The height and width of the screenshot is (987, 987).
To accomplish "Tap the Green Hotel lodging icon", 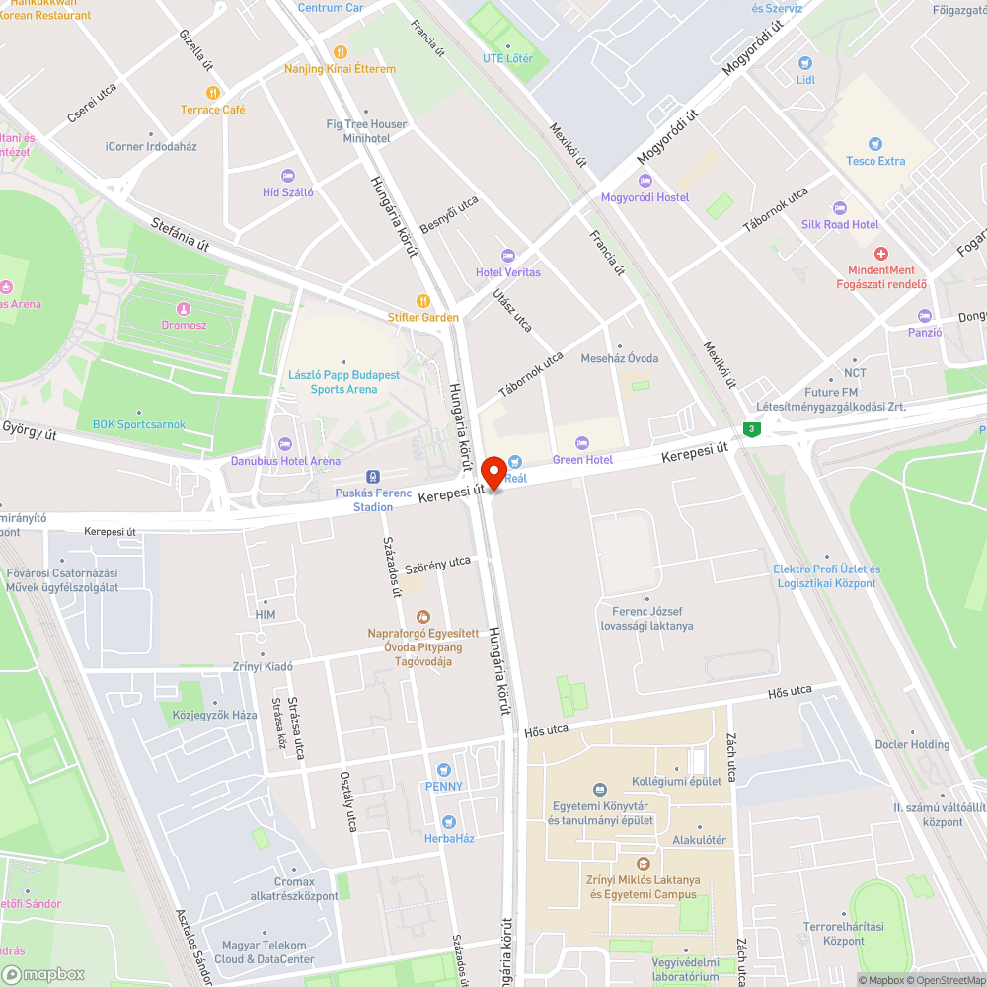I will tap(581, 442).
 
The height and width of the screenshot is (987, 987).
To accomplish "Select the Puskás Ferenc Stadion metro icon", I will tap(372, 477).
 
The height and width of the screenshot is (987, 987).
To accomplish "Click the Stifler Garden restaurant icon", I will tap(423, 300).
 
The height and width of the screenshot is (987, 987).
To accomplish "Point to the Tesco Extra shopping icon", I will tap(874, 144).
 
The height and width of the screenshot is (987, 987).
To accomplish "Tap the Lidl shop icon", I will tap(806, 63).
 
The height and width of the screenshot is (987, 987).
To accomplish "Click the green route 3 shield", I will tap(753, 429).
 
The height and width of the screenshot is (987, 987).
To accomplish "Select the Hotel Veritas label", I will tap(508, 272).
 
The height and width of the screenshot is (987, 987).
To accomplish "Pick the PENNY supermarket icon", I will tap(443, 769).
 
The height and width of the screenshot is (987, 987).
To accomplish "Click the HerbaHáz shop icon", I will tap(449, 821).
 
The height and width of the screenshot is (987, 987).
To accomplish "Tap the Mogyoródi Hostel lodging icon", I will tap(645, 181).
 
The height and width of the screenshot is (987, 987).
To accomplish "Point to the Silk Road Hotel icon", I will tap(839, 208).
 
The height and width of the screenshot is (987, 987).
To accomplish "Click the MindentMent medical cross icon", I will tap(880, 254).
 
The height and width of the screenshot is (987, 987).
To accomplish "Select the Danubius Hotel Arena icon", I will tap(285, 444).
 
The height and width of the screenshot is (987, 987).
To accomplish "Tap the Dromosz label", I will tap(184, 324).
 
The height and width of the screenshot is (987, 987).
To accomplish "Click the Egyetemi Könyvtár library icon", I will tap(600, 789).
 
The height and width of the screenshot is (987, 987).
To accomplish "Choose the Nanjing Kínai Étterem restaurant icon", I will tap(341, 52).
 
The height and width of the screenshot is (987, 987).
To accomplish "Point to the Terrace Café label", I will tap(212, 110).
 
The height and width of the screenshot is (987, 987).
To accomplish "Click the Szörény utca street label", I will tap(437, 563).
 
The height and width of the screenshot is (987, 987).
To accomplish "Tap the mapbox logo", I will tap(44, 973).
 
